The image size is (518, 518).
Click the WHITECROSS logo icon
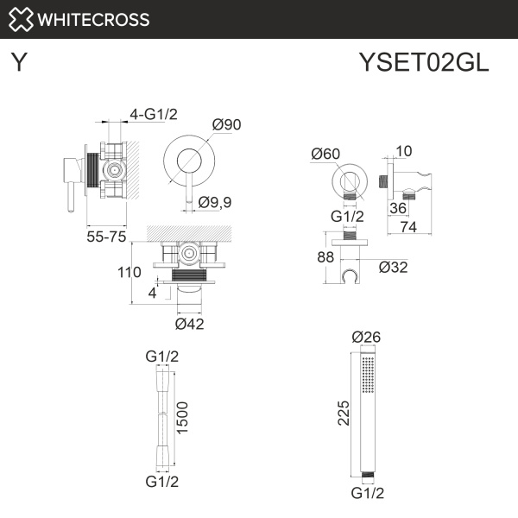(x=22, y=19)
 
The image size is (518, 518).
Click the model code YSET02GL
(x=423, y=63)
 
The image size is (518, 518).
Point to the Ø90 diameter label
(x=226, y=125)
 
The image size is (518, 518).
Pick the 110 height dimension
(x=129, y=273)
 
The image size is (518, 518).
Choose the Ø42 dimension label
(x=190, y=324)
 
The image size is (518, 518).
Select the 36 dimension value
(x=397, y=207)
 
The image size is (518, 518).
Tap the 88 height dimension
(x=325, y=256)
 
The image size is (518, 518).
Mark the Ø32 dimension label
(x=393, y=267)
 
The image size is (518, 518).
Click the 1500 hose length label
(x=182, y=419)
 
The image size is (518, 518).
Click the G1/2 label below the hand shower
(x=368, y=493)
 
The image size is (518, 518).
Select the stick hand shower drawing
(x=368, y=414)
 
